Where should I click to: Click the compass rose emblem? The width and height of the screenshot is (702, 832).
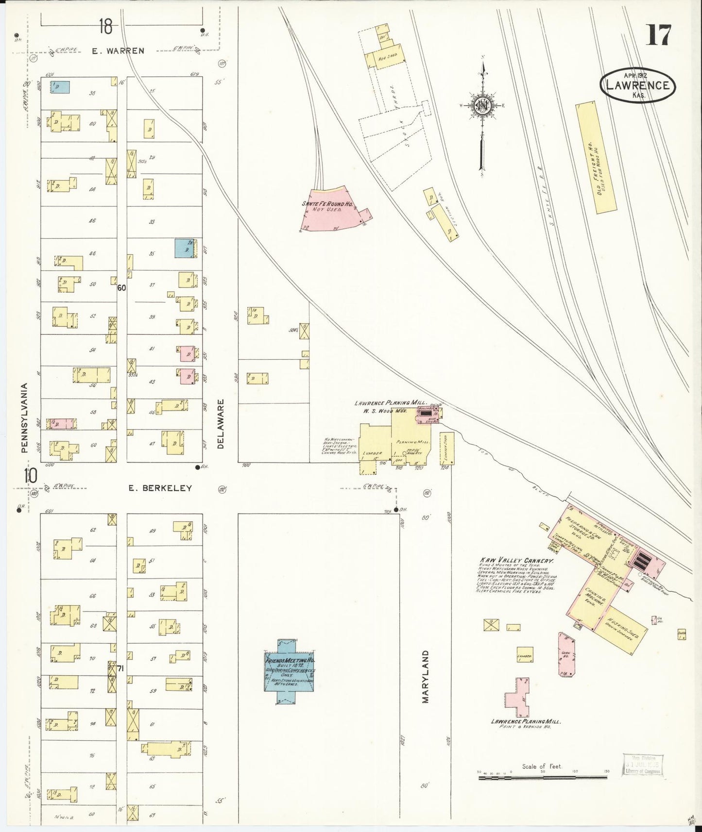coord(483,106)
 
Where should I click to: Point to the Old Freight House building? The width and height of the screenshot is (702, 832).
coord(595,157)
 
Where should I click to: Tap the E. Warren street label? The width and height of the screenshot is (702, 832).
coord(118,50)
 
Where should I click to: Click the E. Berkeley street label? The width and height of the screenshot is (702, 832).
coord(160,488)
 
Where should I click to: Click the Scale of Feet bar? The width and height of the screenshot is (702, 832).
coord(542,777)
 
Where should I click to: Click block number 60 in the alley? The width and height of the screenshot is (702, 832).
coord(121,287)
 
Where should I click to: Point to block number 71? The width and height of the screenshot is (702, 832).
coord(121,669)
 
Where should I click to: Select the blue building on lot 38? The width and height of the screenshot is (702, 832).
coord(60,87)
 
